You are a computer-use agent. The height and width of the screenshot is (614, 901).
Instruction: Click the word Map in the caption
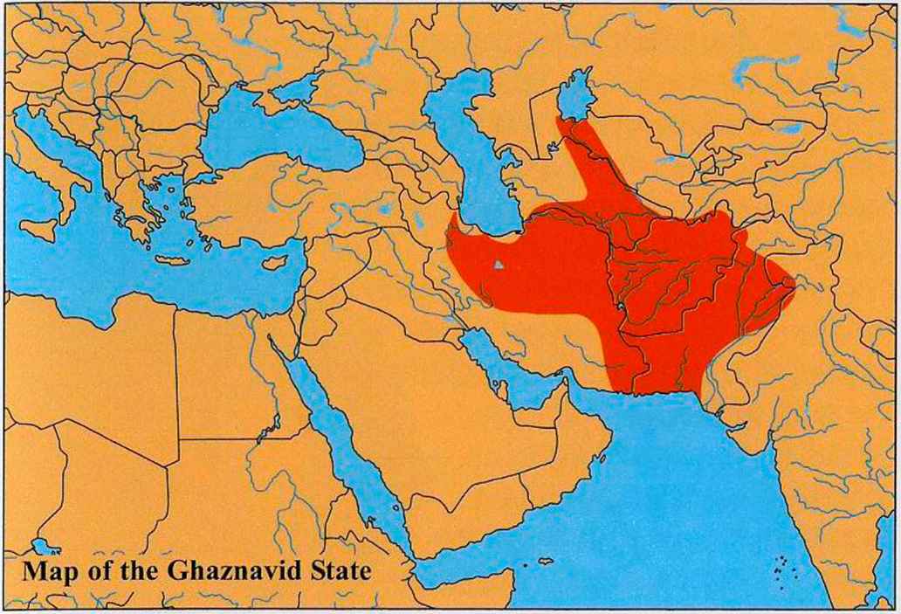[x=49, y=572]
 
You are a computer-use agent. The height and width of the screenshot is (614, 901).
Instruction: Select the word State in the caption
[x=338, y=572]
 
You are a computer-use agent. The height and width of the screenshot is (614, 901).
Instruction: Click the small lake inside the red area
[x=497, y=265]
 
